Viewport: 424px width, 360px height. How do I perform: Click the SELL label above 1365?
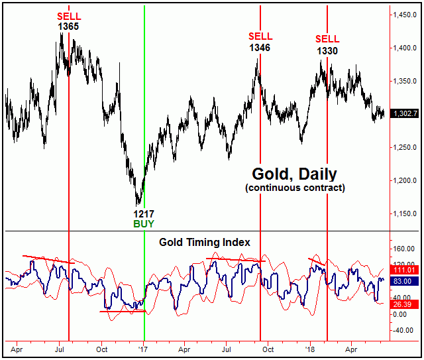pyautogui.click(x=68, y=16)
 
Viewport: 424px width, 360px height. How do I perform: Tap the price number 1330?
pyautogui.click(x=327, y=50)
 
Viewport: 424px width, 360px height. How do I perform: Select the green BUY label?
pyautogui.click(x=144, y=225)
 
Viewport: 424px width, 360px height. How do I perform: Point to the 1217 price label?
pyautogui.click(x=144, y=214)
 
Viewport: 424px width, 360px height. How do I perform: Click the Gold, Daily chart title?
pyautogui.click(x=294, y=174)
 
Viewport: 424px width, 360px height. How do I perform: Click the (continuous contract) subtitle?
pyautogui.click(x=294, y=188)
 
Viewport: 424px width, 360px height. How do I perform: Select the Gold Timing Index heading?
pyautogui.click(x=205, y=242)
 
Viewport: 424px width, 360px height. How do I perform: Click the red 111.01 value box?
pyautogui.click(x=405, y=270)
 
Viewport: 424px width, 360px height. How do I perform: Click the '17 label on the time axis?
pyautogui.click(x=143, y=347)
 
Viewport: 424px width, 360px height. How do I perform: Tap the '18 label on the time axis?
pyautogui.click(x=309, y=347)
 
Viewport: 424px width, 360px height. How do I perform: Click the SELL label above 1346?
pyautogui.click(x=260, y=36)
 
